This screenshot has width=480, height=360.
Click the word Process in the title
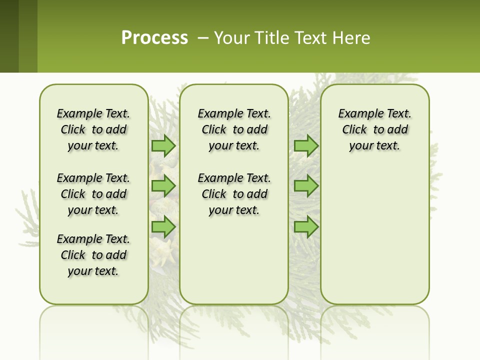(154, 37)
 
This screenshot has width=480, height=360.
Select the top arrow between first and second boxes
(163, 145)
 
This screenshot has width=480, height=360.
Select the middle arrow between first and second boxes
(163, 186)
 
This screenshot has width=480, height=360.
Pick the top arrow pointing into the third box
(306, 145)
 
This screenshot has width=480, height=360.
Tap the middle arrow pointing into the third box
(306, 186)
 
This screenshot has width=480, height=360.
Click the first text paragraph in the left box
(93, 129)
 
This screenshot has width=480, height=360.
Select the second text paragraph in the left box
(93, 194)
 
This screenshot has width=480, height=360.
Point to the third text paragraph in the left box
(93, 255)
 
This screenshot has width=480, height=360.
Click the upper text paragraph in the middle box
(234, 129)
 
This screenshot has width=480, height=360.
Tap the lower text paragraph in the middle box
(234, 194)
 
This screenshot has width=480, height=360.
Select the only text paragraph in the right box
(374, 129)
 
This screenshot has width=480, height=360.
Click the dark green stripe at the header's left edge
(9, 36)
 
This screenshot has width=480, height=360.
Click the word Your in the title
(231, 37)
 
